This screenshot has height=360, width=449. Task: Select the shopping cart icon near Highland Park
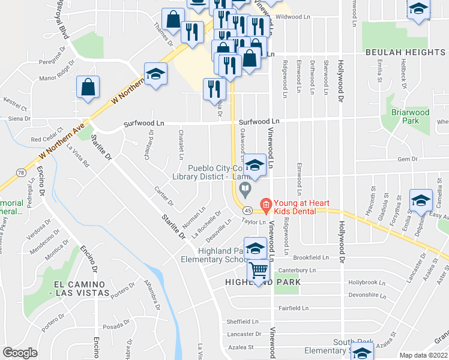tap(259, 271)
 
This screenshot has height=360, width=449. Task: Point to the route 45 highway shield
tap(247, 211)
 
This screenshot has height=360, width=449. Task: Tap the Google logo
tap(20, 352)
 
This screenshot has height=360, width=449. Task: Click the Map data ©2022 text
tap(424, 355)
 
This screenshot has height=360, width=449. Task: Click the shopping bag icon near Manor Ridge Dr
tap(88, 87)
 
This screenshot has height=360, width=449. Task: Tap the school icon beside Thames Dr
tap(155, 74)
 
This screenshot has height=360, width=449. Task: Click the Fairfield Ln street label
tap(293, 308)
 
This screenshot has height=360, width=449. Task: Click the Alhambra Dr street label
tap(152, 298)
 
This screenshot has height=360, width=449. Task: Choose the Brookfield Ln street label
tap(312, 257)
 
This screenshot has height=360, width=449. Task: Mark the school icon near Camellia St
tap(421, 201)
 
